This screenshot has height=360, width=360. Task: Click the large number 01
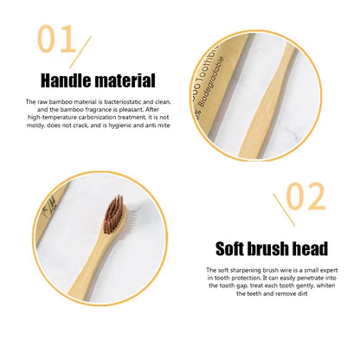59,39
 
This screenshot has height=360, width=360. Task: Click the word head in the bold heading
307,249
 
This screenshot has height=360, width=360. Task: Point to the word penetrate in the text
312,278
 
